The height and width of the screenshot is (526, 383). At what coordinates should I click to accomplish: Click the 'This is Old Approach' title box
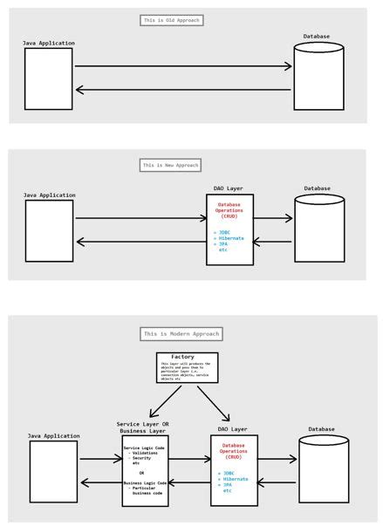[x=171, y=19]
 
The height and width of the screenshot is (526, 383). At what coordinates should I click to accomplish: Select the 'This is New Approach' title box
[x=171, y=165]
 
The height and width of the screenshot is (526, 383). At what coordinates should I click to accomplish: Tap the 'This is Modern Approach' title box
[x=181, y=333]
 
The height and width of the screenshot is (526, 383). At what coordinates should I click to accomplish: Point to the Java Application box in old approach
[x=48, y=79]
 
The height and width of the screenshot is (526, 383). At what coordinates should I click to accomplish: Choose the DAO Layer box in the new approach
[x=229, y=229]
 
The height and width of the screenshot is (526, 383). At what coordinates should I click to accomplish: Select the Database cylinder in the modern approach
[x=323, y=468]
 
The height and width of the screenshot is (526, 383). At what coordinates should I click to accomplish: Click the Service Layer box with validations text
[x=144, y=471]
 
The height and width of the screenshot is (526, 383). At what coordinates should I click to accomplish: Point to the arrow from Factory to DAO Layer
[x=214, y=403]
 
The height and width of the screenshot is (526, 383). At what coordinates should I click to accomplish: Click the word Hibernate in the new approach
[x=231, y=238]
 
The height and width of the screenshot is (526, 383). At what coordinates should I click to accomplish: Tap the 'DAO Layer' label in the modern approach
[x=230, y=429]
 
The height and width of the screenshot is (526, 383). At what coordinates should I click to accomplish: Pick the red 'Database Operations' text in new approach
[x=229, y=210]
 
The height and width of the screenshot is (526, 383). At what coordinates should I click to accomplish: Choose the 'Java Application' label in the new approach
[x=49, y=195]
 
